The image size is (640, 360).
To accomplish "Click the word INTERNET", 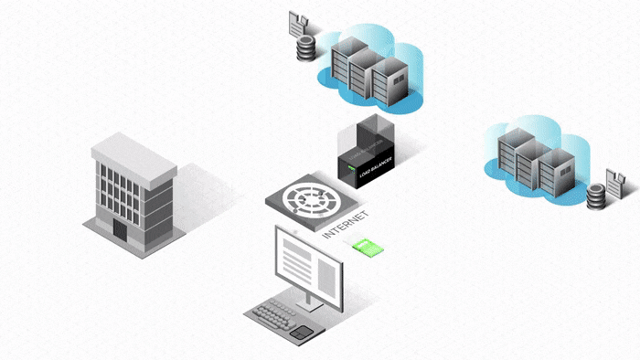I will point(347,224).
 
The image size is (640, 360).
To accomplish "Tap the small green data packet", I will point(367,247).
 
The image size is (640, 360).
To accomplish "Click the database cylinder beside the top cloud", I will point(305,48).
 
